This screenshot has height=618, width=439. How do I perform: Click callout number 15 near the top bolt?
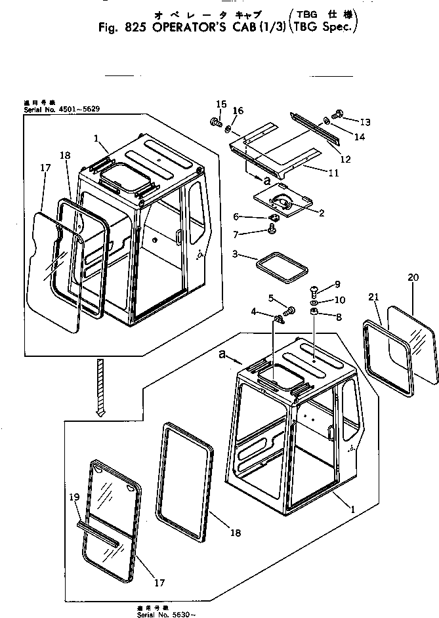click(x=221, y=104)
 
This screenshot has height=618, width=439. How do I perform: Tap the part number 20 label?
click(x=412, y=278)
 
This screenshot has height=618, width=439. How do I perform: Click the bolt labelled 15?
click(x=215, y=122)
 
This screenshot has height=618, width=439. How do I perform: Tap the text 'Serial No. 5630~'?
click(x=163, y=613)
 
